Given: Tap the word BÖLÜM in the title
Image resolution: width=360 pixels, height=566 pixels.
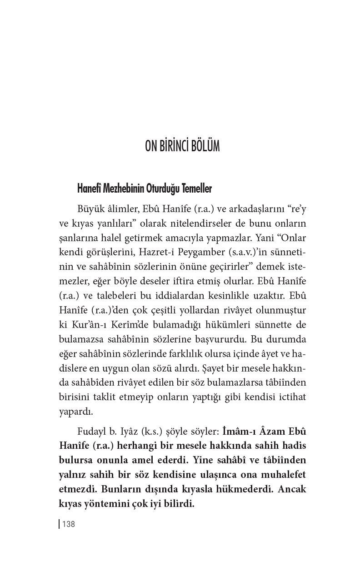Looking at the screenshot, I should click(205, 147).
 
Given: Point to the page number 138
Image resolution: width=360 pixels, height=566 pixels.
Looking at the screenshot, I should click(68, 524).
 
